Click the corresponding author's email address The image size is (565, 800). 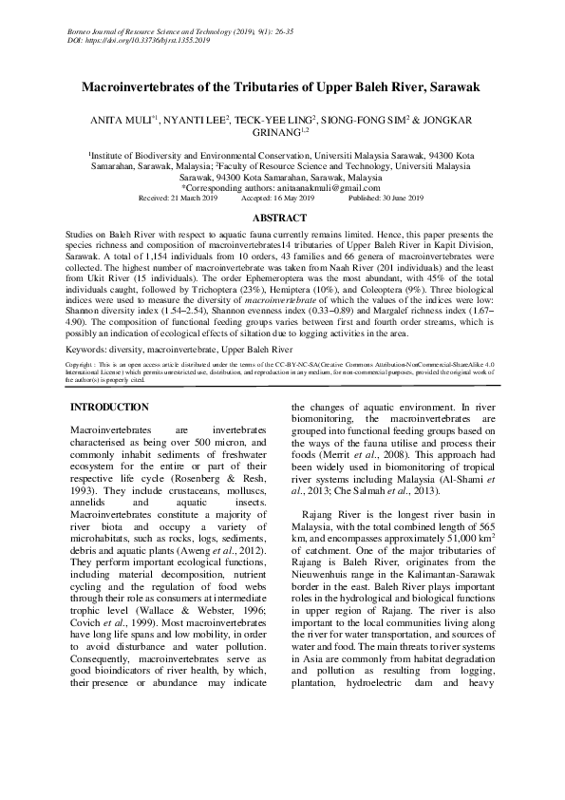[323, 188]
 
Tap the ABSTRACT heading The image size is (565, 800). [282, 218]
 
